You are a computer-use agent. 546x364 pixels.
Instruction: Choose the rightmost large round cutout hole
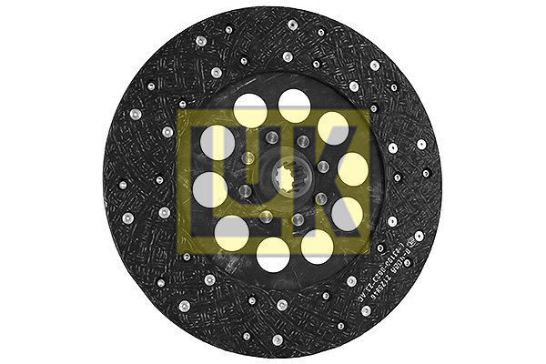coord(352,170)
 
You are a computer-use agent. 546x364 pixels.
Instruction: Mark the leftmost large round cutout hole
coord(209,189)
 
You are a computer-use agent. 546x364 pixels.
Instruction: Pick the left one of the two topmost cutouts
coord(250,111)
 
